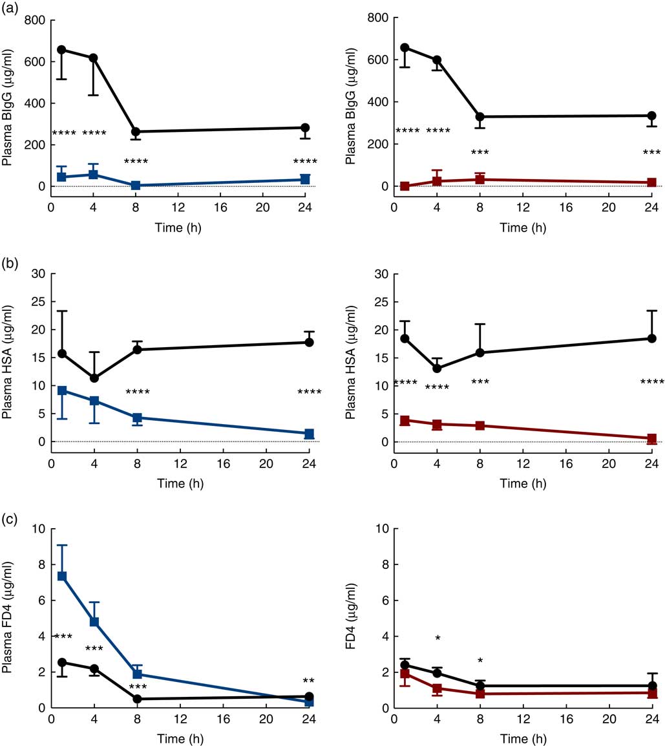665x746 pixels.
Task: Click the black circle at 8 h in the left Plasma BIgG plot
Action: (136, 132)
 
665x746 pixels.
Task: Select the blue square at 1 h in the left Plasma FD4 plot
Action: (62, 576)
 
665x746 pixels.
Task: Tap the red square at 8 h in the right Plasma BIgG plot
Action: (480, 179)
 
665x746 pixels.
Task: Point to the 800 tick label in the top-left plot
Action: (34, 20)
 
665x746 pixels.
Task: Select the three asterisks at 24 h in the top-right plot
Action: (651, 153)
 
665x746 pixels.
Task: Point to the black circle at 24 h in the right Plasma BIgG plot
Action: (651, 116)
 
